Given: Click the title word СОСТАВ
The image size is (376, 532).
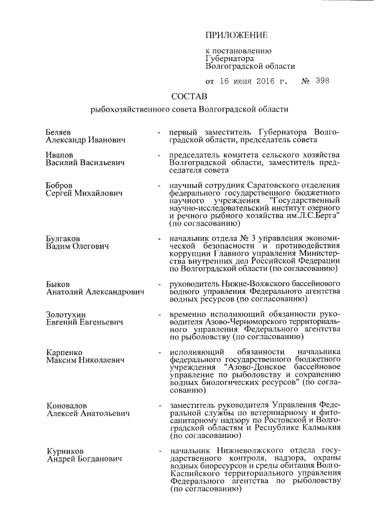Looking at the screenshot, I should tap(189, 96).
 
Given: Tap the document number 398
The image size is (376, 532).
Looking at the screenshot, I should tap(323, 81).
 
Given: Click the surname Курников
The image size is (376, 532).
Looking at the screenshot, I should tap(65, 450).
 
